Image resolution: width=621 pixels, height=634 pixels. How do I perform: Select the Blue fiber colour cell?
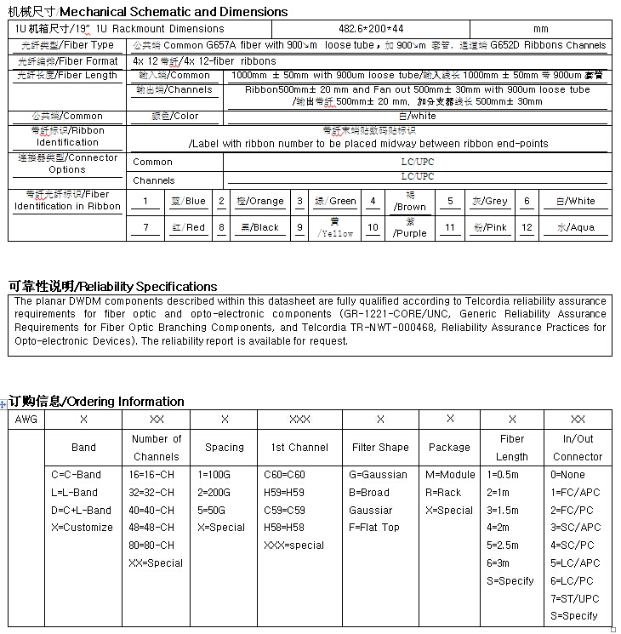[x=188, y=202]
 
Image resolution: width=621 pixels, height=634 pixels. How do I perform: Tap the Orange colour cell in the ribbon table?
[x=261, y=202]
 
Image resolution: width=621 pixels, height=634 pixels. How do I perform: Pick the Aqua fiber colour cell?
[x=576, y=228]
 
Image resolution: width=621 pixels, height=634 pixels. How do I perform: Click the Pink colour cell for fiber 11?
[x=491, y=228]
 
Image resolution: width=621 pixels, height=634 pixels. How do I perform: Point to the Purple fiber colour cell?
[x=411, y=228]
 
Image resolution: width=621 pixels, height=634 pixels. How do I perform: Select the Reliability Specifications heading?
[x=112, y=287]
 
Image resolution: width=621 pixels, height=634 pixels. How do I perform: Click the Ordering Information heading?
[x=96, y=402]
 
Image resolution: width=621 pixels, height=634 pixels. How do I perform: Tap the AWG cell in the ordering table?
[x=26, y=420]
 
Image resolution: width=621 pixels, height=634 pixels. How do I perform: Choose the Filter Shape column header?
[x=380, y=448]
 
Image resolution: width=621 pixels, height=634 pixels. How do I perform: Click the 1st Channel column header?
[x=299, y=448]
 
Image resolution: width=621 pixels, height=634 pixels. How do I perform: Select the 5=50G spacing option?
[x=215, y=511]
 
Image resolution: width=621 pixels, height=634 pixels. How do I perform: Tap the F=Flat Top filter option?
[x=374, y=528]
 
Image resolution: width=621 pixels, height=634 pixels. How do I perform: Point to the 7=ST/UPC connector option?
[x=575, y=599]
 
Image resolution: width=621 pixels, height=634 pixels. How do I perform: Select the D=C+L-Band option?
[x=82, y=511]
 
